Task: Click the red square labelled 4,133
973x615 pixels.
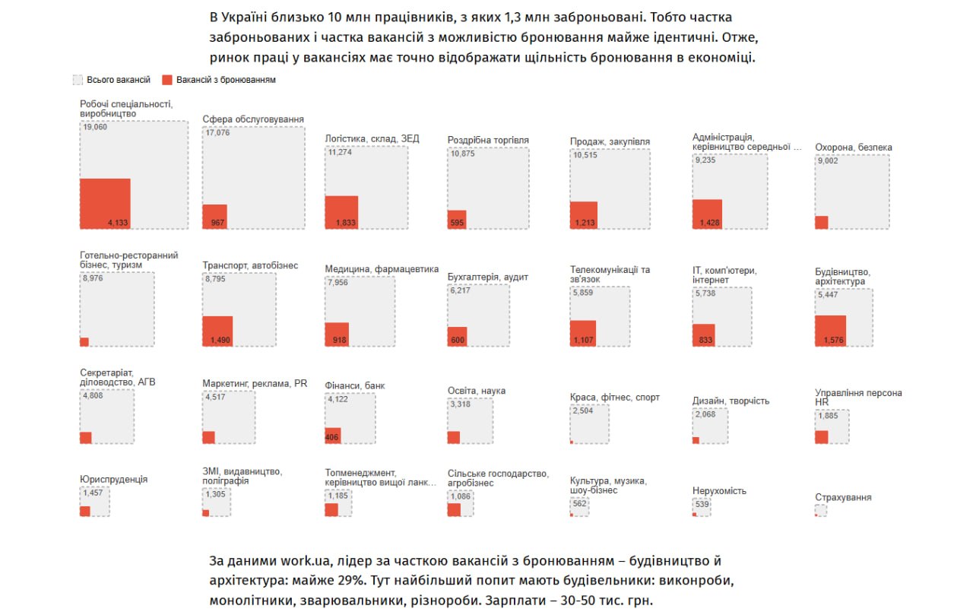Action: [x=105, y=203]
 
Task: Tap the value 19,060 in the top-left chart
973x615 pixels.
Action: [x=95, y=128]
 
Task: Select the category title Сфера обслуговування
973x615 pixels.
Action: [x=253, y=119]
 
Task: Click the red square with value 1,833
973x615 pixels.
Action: [x=341, y=212]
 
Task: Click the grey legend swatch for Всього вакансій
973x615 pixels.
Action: [x=78, y=80]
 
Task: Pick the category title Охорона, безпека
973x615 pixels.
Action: [x=853, y=147]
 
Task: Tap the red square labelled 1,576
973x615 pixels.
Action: [x=830, y=331]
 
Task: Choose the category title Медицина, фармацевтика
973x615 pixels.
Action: [x=382, y=269]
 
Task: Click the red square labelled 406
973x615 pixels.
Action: [x=333, y=436]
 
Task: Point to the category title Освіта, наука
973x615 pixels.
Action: [x=476, y=391]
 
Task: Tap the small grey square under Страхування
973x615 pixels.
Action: [x=820, y=511]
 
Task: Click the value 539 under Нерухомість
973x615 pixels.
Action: [x=702, y=505]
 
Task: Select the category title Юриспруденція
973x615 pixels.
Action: [x=113, y=480]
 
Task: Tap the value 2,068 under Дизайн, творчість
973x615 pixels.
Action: [x=706, y=414]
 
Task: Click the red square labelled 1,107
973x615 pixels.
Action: [x=583, y=334]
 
